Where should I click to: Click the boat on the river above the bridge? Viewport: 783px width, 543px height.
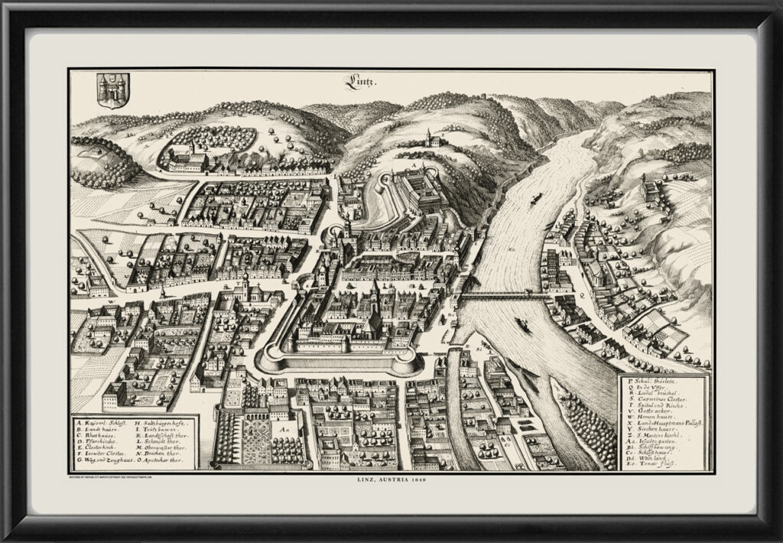click(534, 198)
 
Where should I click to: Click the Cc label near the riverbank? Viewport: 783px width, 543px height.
click(507, 443)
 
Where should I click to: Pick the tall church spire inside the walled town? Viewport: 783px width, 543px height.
click(375, 294)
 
